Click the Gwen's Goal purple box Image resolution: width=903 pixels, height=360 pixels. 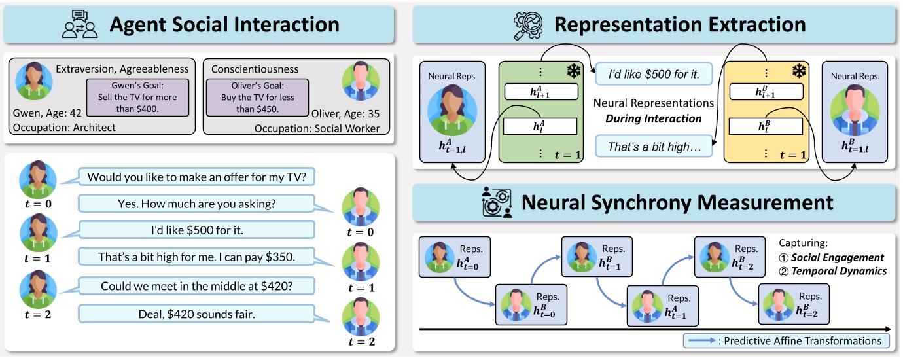(x=139, y=98)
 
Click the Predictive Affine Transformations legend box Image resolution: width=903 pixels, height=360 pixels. (x=786, y=340)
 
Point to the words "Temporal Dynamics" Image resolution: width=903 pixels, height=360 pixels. (x=839, y=270)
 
